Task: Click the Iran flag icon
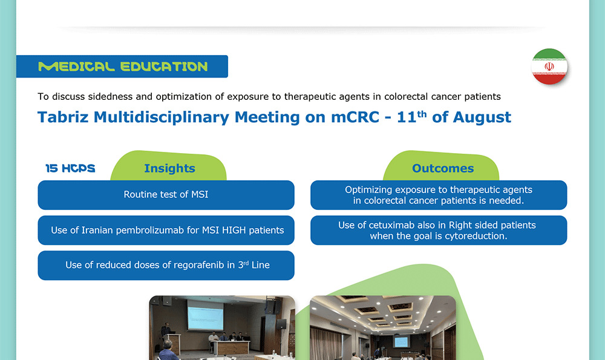[549, 67]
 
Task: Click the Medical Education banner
[122, 67]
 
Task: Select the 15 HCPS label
[70, 168]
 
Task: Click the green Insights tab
[169, 166]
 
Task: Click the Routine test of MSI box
[166, 195]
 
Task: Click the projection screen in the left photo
[205, 316]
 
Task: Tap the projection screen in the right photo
[401, 341]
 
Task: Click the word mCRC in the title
[355, 117]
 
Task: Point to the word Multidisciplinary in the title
[162, 117]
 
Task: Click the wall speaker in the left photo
[282, 324]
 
